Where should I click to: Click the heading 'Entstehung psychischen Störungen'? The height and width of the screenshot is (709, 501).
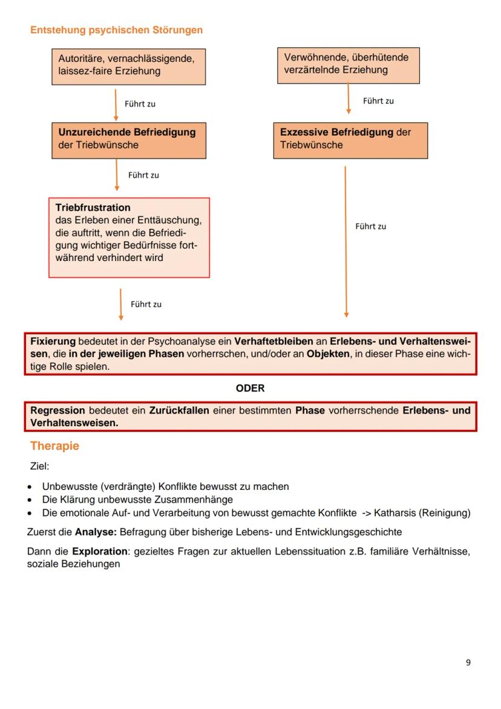pyautogui.click(x=116, y=30)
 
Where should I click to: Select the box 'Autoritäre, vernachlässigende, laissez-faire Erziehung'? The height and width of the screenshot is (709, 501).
pyautogui.click(x=128, y=65)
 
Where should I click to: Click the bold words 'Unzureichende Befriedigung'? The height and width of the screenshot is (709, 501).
pyautogui.click(x=127, y=131)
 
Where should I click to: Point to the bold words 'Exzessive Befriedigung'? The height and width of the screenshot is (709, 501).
pyautogui.click(x=336, y=131)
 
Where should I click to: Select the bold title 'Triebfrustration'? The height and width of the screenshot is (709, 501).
pyautogui.click(x=93, y=207)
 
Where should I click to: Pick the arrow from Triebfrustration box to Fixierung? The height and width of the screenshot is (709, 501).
pyautogui.click(x=121, y=304)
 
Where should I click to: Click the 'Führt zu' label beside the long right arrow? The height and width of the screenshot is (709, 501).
pyautogui.click(x=370, y=226)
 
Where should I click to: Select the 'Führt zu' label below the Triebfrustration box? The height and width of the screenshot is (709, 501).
pyautogui.click(x=146, y=305)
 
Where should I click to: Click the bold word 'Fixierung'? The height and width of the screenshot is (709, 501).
pyautogui.click(x=53, y=341)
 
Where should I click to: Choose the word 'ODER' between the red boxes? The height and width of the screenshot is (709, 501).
pyautogui.click(x=250, y=388)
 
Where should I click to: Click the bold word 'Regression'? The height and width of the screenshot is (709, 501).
pyautogui.click(x=57, y=411)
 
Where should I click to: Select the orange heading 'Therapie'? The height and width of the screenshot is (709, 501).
pyautogui.click(x=54, y=446)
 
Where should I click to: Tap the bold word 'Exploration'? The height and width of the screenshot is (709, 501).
pyautogui.click(x=99, y=552)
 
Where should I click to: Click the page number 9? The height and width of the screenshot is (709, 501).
pyautogui.click(x=468, y=662)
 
